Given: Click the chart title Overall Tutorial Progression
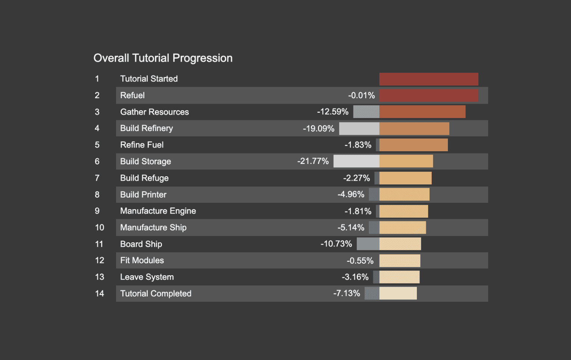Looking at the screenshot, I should (163, 58).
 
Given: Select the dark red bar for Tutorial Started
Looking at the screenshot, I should (428, 79).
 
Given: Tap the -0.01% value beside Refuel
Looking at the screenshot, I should (361, 96).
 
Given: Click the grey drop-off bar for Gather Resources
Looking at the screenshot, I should (366, 112).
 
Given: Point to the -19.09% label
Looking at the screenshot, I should (318, 129).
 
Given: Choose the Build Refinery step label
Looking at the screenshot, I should (146, 128).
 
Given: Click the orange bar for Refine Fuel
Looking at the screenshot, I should (413, 145).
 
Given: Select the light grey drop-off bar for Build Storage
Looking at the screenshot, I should (356, 161).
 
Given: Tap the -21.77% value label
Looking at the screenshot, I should (313, 161).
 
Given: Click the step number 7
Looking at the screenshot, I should (97, 178).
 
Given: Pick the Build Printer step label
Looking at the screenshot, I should (143, 195).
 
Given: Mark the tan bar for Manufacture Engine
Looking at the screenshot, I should (403, 211).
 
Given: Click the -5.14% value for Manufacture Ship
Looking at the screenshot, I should (351, 228).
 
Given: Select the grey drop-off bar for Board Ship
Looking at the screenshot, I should (368, 244).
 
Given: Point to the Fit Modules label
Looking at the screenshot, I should (142, 261).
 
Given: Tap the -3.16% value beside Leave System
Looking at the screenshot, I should (355, 277).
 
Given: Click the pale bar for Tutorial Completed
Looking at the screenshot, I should (398, 294).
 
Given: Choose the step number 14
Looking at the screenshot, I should (99, 294).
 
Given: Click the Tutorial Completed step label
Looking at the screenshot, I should (156, 294).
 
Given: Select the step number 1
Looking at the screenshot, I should (97, 79).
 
